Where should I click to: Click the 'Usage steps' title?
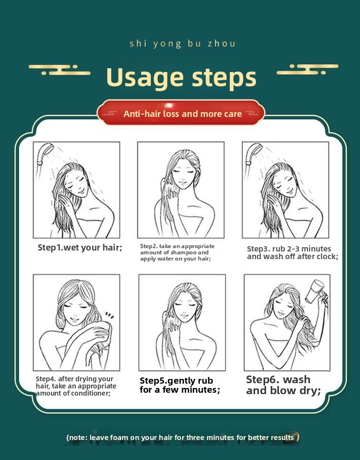[181, 78]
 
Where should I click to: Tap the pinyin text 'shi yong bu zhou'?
[182, 44]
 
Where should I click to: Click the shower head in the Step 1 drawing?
[45, 154]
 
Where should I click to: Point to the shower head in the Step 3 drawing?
[254, 154]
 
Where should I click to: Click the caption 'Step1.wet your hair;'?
[80, 248]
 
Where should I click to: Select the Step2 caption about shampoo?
[177, 252]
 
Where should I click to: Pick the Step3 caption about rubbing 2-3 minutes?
[293, 252]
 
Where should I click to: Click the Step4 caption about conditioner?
[76, 386]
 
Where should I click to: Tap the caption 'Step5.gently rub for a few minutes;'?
[180, 385]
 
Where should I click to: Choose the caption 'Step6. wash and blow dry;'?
[284, 385]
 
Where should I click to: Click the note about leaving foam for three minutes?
[182, 438]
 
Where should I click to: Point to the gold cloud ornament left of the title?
[60, 70]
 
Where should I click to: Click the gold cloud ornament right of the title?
[308, 69]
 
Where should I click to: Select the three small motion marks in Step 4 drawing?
[110, 315]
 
